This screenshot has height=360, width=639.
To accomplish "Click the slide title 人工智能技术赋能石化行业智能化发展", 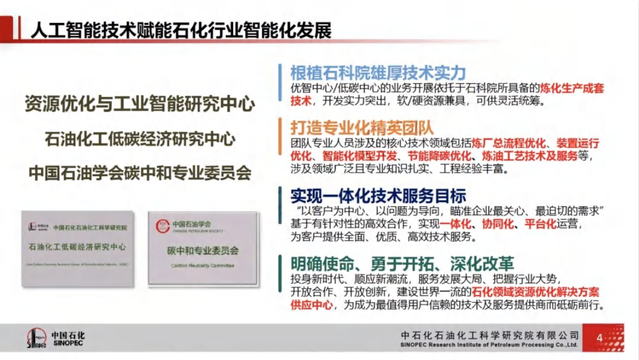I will point(181,29).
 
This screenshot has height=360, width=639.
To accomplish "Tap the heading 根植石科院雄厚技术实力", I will point(377,73).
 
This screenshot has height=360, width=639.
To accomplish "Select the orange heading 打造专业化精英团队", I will point(361,127).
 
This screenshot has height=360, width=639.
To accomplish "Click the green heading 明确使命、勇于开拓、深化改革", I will point(402,263).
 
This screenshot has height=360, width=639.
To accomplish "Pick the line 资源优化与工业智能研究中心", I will point(140,104).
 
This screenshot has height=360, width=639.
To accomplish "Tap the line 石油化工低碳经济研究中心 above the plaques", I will point(140,139).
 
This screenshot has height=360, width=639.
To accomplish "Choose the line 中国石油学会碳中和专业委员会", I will point(140,173).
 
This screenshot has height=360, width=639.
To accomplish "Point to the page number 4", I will point(599,338).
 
